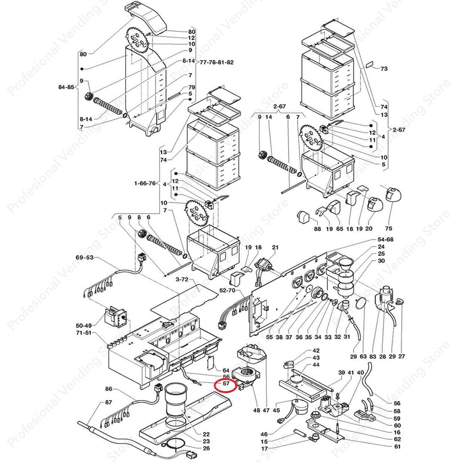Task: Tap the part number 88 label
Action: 317,229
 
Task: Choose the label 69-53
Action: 84,258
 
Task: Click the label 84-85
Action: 66,87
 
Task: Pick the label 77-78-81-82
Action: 217,62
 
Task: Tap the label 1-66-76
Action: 145,184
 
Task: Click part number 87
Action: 108,403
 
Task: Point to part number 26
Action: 206,448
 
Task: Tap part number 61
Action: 397,447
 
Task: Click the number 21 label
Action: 275,247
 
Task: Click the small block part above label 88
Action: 302,216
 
